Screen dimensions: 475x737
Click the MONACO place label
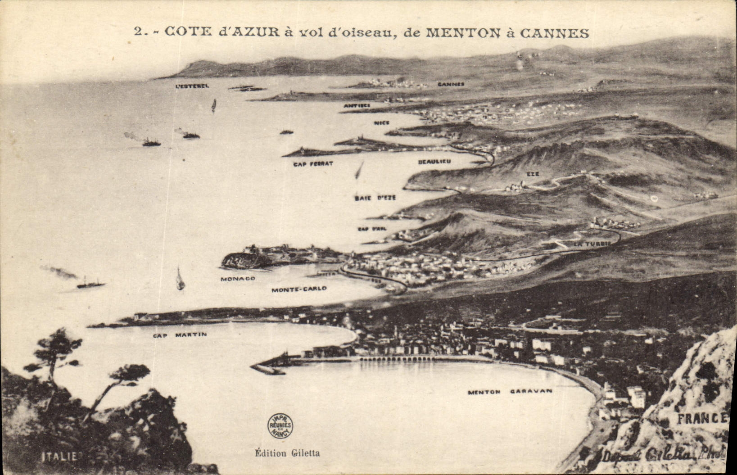coord(238,279)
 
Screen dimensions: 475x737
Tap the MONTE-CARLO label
coord(298,289)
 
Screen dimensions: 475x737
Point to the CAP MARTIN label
coord(180,335)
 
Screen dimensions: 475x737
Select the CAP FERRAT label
coord(313,164)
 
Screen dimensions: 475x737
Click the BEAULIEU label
coord(434,161)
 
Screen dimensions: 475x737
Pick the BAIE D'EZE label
coord(375,198)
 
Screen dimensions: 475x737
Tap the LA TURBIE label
coord(592,244)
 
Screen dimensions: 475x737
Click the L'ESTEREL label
coord(192,86)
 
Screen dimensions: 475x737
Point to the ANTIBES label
coord(357,105)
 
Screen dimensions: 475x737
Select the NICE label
coord(381,122)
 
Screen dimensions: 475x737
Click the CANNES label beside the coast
coord(451,84)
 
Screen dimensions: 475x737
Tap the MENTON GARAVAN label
coord(510,392)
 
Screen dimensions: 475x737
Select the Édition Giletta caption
coord(287,453)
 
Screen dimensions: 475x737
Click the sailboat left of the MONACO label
coord(180,279)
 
